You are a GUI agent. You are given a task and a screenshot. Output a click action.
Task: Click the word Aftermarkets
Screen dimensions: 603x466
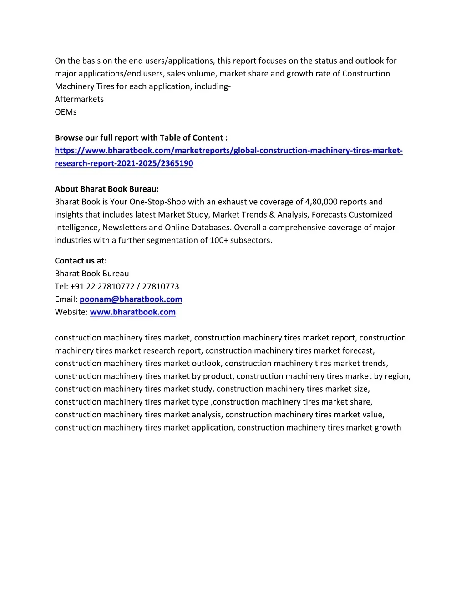click(x=79, y=99)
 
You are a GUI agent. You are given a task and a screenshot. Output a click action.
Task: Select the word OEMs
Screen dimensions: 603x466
click(x=66, y=112)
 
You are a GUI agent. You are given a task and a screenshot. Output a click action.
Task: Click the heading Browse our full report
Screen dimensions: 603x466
click(x=141, y=137)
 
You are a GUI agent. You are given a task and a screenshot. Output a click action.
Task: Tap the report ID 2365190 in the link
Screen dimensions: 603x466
click(x=177, y=163)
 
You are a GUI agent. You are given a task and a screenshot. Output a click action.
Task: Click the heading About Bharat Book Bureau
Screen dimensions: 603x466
click(x=107, y=189)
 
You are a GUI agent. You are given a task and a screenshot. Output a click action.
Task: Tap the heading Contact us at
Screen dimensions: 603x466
click(x=81, y=261)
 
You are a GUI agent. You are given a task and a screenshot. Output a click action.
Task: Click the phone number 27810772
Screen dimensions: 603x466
click(x=116, y=286)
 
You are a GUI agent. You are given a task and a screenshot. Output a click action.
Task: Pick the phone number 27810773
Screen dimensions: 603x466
click(x=161, y=286)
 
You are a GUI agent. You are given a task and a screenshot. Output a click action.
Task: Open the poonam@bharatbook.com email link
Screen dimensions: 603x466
click(x=131, y=299)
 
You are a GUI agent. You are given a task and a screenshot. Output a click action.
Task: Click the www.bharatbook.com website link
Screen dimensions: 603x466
click(x=132, y=312)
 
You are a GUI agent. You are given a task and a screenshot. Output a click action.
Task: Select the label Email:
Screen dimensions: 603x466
click(x=66, y=299)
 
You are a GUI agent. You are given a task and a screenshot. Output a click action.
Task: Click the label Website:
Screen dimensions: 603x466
click(x=71, y=312)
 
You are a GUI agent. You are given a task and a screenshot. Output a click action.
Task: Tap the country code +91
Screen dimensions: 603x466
click(x=77, y=286)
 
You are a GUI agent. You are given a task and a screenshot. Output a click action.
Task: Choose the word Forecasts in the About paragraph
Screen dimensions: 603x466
click(x=329, y=214)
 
